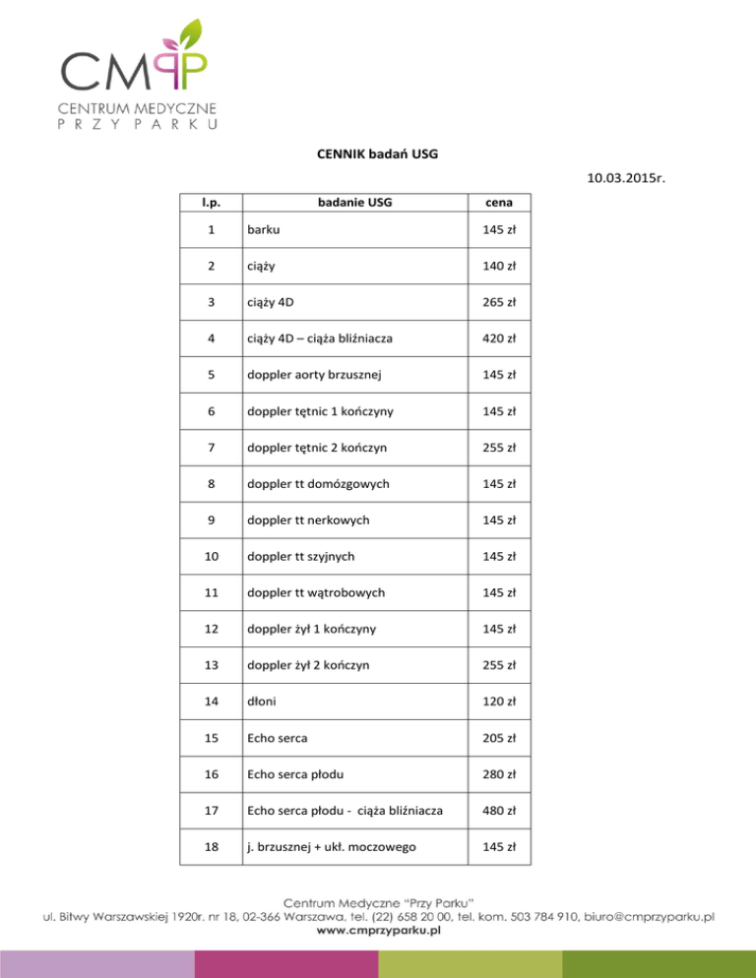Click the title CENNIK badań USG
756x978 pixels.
point(377,153)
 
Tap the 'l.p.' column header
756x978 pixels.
point(211,204)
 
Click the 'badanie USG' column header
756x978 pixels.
point(361,204)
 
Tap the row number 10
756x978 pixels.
point(211,556)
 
